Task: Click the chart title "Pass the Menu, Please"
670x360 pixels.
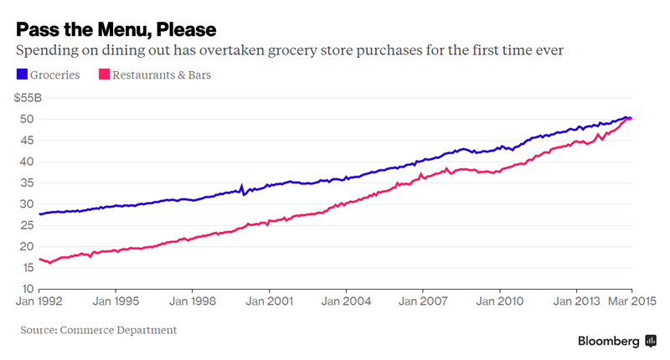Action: pyautogui.click(x=116, y=29)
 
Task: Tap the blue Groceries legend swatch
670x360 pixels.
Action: pyautogui.click(x=22, y=75)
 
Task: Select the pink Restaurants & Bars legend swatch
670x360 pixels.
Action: pyautogui.click(x=106, y=75)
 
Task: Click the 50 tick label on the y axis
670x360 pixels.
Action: pyautogui.click(x=26, y=119)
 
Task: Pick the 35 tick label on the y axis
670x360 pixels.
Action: pyautogui.click(x=26, y=183)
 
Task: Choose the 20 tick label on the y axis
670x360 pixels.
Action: pyautogui.click(x=26, y=247)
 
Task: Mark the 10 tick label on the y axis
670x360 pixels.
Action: pyautogui.click(x=26, y=290)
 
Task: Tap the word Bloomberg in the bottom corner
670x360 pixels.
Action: pyautogui.click(x=609, y=341)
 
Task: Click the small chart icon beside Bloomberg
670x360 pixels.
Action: pyautogui.click(x=651, y=341)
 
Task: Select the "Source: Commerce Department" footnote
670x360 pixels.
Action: pyautogui.click(x=99, y=330)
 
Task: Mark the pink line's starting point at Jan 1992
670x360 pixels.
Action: pyautogui.click(x=39, y=259)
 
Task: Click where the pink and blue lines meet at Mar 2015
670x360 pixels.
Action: pyautogui.click(x=630, y=118)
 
